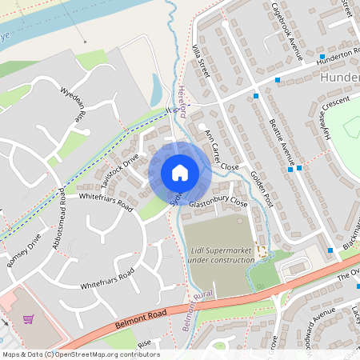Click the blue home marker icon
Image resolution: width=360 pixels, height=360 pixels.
[x=179, y=173]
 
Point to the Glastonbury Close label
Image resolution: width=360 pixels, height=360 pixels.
[x=218, y=204]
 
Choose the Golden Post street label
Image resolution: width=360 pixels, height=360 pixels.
[x=261, y=189]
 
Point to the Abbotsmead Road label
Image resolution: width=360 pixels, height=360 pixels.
[x=58, y=218]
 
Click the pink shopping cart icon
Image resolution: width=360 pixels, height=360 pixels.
[x=29, y=319]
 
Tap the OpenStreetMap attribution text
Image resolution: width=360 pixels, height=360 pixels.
[x=80, y=354]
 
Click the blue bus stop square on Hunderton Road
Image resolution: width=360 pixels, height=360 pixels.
[x=321, y=57]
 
